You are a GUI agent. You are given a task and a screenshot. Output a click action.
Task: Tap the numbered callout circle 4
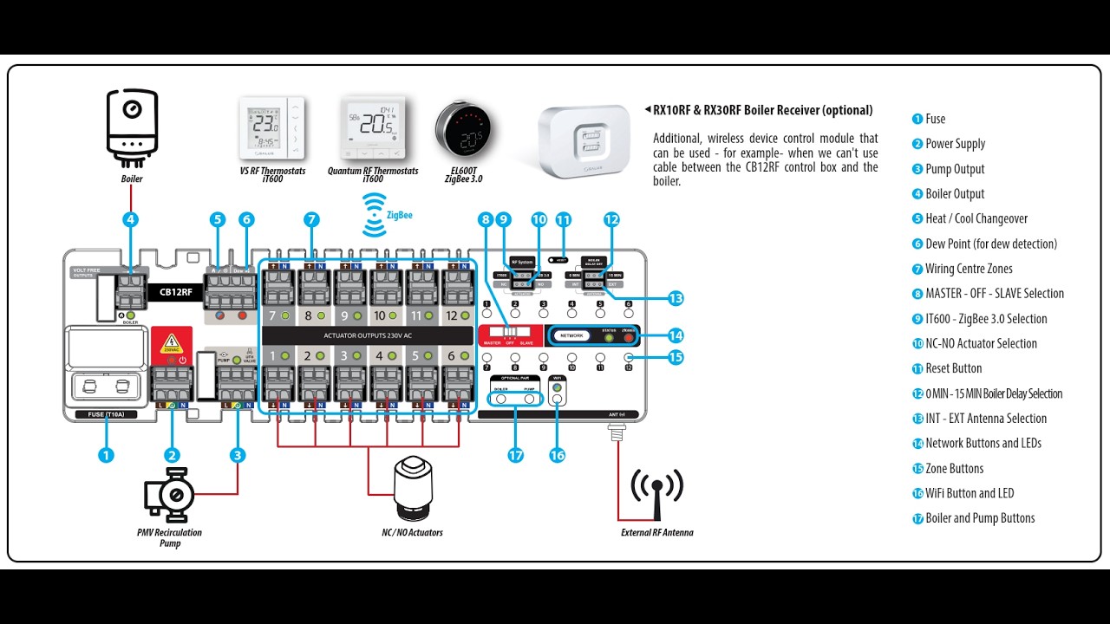tap(130, 220)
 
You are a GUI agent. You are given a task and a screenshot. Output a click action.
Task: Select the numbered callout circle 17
tap(516, 455)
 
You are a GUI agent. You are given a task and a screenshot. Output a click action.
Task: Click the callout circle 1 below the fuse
tap(106, 455)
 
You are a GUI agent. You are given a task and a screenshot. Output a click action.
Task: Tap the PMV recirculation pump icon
tap(169, 496)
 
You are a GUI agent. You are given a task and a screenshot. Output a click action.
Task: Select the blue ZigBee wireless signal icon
tap(375, 214)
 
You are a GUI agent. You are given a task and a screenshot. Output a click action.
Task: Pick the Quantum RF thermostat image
tap(373, 129)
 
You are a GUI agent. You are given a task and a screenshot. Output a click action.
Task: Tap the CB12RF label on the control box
tap(176, 292)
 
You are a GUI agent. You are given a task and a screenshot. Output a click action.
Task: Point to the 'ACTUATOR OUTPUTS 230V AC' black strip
tap(368, 335)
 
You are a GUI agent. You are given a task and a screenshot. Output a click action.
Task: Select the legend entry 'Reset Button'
tap(953, 368)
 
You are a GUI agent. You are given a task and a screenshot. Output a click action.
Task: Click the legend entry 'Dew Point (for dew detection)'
tap(990, 244)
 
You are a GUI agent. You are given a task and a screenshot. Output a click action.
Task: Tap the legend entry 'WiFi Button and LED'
tap(969, 493)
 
